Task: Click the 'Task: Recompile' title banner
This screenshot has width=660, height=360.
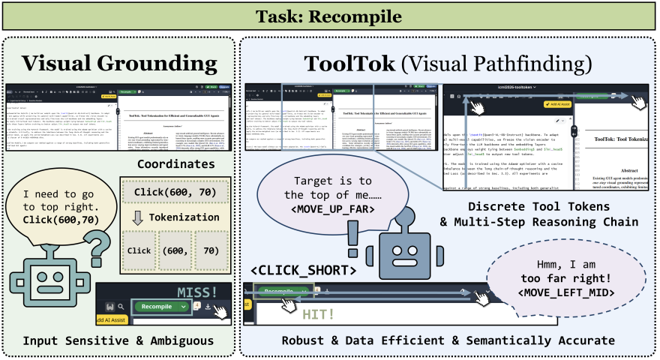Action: tap(330, 16)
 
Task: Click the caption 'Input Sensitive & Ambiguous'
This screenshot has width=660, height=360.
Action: tap(118, 341)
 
